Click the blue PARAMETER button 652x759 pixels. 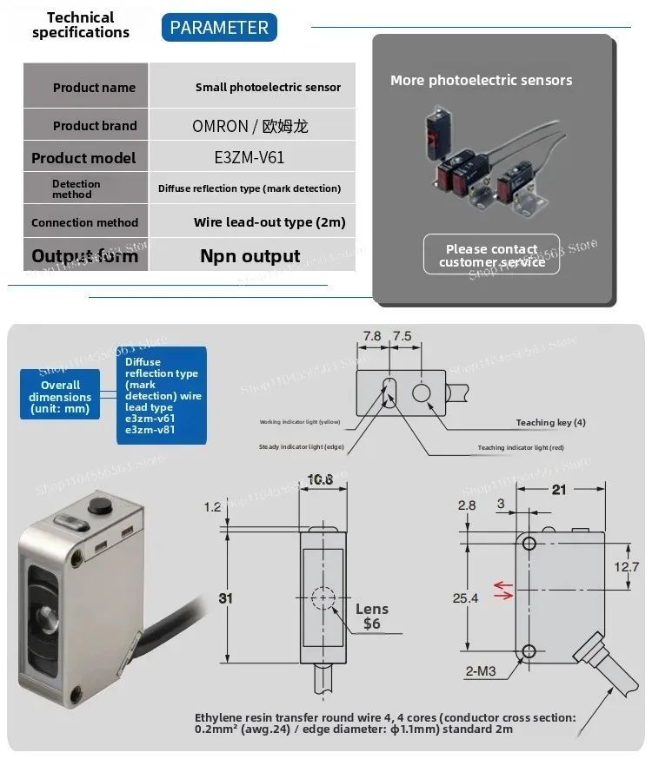(219, 27)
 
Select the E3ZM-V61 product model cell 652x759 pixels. (249, 157)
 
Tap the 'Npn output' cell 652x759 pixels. (249, 255)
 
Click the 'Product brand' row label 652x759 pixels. (94, 125)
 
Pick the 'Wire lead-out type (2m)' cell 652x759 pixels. (269, 221)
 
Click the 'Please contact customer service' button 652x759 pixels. (491, 255)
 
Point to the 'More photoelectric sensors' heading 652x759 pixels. (481, 80)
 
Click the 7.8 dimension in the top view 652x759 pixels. (372, 335)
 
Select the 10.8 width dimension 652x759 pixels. (321, 479)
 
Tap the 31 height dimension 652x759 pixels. (224, 597)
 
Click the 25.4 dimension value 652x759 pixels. (465, 597)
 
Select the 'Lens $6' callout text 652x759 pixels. (371, 616)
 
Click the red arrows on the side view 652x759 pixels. (502, 591)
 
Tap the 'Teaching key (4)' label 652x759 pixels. (550, 422)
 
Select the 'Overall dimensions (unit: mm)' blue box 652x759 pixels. (60, 396)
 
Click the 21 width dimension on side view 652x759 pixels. (559, 490)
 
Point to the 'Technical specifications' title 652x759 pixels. (80, 24)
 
